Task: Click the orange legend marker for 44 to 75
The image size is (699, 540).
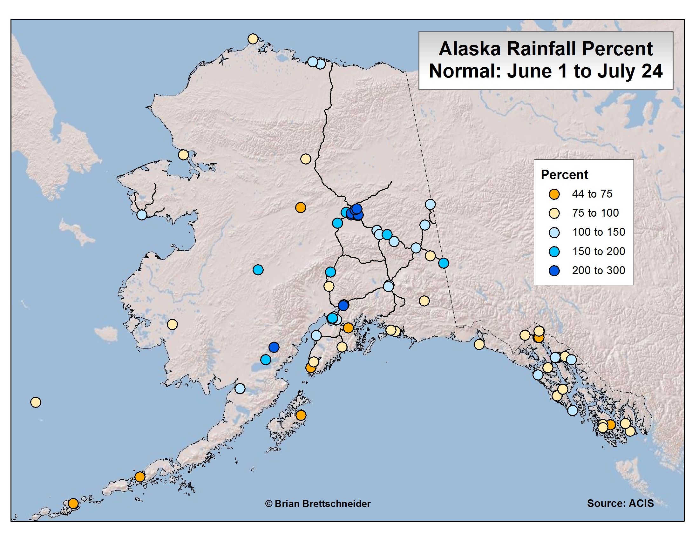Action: point(554,194)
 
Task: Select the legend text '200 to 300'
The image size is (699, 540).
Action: point(599,270)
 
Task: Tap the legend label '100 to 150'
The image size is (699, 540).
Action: point(599,232)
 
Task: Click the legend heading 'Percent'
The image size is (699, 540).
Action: point(564,175)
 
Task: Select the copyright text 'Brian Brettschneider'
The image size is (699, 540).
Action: point(322,503)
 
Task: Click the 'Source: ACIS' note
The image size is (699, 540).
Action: point(620,503)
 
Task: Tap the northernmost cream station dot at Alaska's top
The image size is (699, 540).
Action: point(253,39)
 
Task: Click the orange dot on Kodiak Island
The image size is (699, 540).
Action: point(301,415)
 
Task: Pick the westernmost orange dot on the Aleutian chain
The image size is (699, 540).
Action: point(73,503)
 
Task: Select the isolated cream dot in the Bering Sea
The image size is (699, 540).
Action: point(36,402)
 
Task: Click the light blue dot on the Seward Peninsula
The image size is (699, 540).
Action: point(142,215)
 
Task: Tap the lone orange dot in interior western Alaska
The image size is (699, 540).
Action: point(300,208)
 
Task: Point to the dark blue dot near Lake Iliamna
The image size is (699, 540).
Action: point(274,347)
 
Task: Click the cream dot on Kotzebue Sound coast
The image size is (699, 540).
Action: point(183,155)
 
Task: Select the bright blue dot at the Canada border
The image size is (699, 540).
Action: point(443,263)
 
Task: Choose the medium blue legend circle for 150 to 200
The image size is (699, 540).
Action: point(554,252)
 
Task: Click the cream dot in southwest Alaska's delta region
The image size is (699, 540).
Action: point(172,324)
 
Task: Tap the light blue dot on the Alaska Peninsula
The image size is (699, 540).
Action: point(240,388)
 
